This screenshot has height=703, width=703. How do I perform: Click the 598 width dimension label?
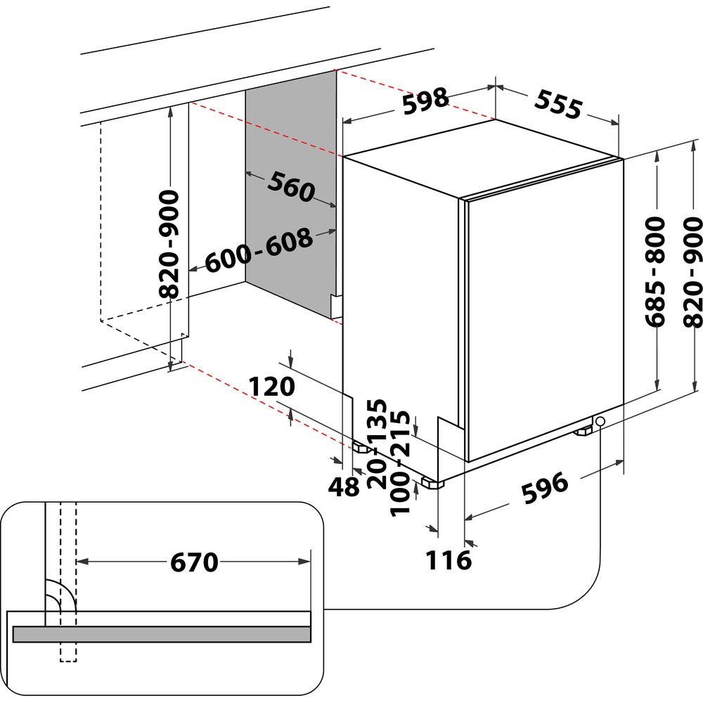(425, 100)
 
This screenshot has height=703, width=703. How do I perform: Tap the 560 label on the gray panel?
(289, 186)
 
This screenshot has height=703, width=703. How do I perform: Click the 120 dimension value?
(272, 387)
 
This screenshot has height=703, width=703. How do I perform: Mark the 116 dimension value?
(449, 560)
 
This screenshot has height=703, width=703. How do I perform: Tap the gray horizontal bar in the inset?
(161, 633)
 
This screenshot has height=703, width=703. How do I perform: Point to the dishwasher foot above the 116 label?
(432, 484)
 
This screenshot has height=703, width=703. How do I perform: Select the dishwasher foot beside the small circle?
(583, 431)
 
